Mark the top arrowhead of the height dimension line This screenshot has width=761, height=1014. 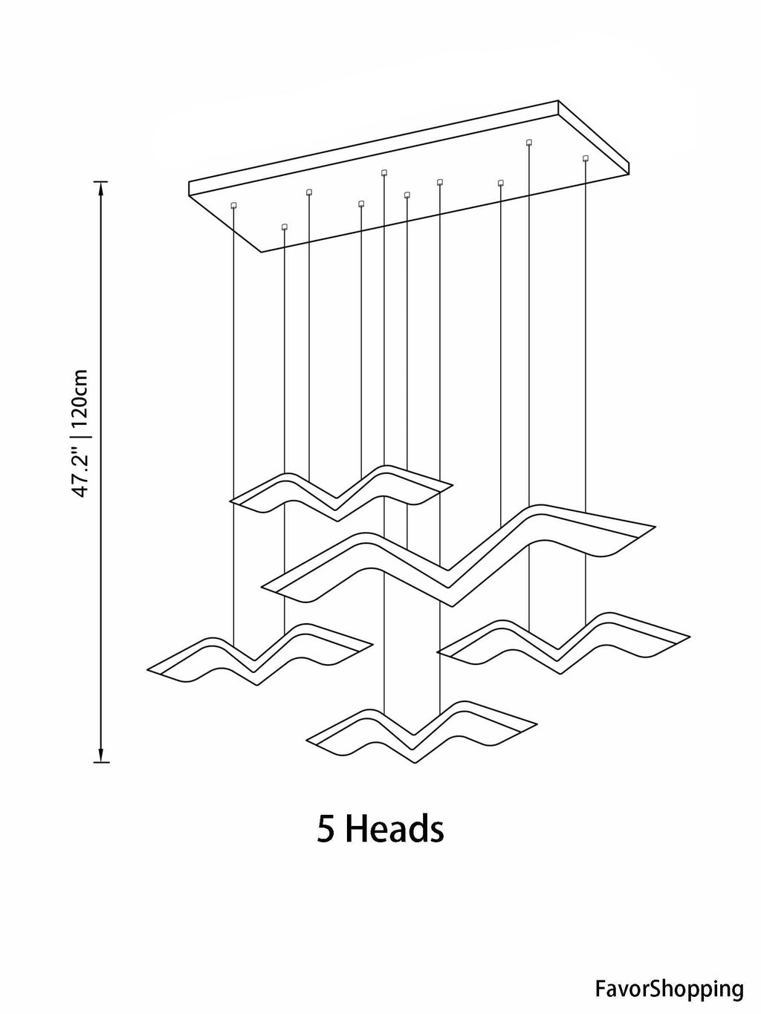click(x=101, y=189)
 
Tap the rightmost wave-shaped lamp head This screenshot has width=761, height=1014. click(x=564, y=643)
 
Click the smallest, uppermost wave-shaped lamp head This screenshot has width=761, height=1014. click(x=341, y=493)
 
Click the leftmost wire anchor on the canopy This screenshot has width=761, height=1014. click(x=233, y=204)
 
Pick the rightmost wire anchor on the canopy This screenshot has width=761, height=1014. click(x=586, y=158)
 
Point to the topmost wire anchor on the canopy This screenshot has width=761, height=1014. click(x=528, y=141)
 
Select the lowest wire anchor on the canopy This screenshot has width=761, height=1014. click(x=284, y=227)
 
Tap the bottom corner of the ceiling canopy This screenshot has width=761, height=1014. click(x=262, y=252)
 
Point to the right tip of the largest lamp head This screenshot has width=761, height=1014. click(x=655, y=527)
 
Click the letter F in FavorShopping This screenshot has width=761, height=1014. click(x=600, y=975)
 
